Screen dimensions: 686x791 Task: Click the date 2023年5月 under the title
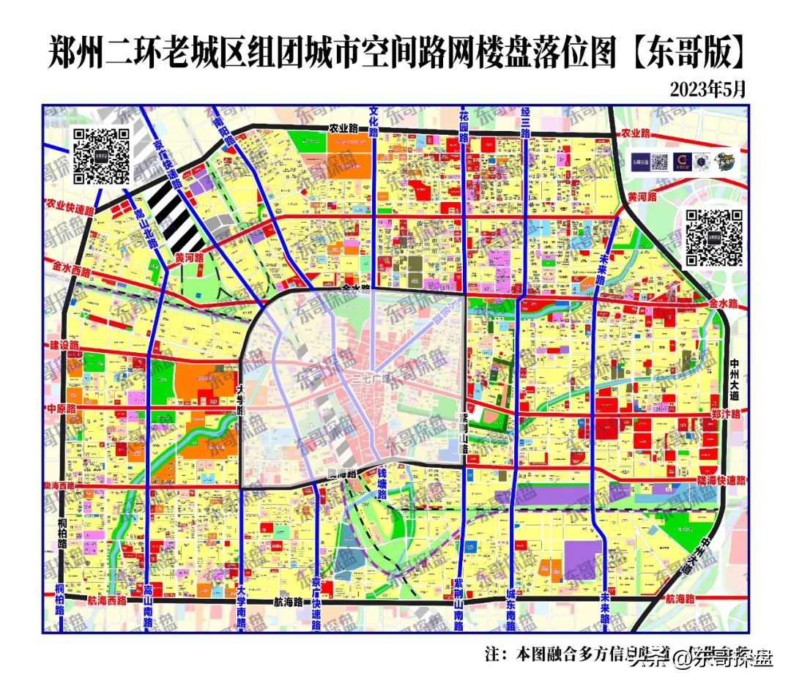click(x=708, y=89)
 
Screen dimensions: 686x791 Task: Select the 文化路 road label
click(x=374, y=122)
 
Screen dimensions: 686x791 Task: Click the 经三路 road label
click(x=525, y=122)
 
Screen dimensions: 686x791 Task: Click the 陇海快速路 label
click(x=721, y=480)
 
